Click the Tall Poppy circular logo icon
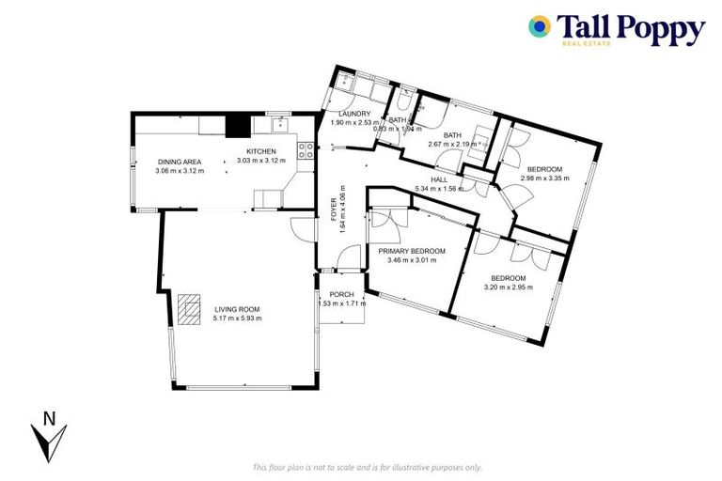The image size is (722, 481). (540, 26)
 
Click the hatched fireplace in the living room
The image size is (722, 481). (189, 309)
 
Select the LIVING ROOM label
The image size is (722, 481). (237, 309)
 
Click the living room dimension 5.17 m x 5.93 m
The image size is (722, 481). (237, 318)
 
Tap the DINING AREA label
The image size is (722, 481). (180, 162)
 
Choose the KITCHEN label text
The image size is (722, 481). (261, 152)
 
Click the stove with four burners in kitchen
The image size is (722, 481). (306, 147)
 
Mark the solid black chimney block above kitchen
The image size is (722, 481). (238, 125)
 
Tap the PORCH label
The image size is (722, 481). (340, 294)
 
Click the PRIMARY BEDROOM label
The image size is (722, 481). (413, 251)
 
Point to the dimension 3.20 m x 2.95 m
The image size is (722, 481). (509, 287)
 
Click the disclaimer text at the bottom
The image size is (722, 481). (368, 467)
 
